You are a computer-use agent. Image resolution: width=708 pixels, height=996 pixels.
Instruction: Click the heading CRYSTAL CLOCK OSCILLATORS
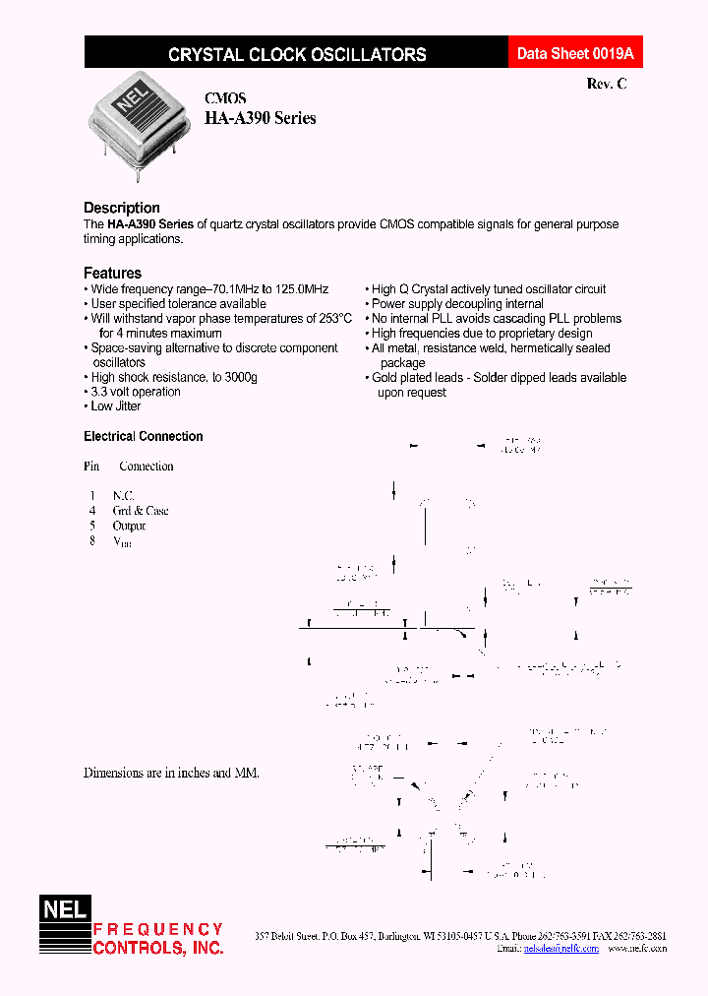[x=297, y=55]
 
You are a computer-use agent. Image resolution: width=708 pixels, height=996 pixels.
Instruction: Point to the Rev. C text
[x=606, y=85]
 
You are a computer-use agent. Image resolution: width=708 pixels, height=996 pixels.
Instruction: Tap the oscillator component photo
[x=137, y=123]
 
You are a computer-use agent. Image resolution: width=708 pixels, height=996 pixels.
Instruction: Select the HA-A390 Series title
[x=260, y=118]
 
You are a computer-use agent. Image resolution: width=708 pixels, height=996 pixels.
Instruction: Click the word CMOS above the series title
[x=225, y=98]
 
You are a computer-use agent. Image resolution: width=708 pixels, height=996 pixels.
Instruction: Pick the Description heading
[x=122, y=208]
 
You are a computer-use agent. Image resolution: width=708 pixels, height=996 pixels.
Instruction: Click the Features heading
[x=112, y=273]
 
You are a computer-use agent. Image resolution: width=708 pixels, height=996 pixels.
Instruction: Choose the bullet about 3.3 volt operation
[x=136, y=392]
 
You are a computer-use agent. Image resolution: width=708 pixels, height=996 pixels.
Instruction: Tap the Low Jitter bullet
[x=116, y=406]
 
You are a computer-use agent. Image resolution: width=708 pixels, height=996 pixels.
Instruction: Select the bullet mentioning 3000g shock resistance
[x=173, y=377]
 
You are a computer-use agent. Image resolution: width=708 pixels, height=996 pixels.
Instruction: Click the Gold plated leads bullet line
[x=499, y=378]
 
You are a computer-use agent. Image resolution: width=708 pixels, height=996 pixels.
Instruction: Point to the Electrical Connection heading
[x=144, y=436]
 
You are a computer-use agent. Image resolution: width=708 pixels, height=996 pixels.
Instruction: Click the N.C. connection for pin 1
[x=123, y=496]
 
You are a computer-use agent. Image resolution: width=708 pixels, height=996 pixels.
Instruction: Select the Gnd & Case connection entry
[x=141, y=511]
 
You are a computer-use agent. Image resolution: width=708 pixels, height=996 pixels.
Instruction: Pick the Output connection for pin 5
[x=129, y=526]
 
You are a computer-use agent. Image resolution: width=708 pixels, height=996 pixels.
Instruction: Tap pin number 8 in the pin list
[x=92, y=540]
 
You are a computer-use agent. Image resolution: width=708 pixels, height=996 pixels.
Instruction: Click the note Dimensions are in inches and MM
[x=171, y=774]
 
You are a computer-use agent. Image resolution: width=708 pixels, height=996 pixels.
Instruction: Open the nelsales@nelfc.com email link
[x=561, y=948]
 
